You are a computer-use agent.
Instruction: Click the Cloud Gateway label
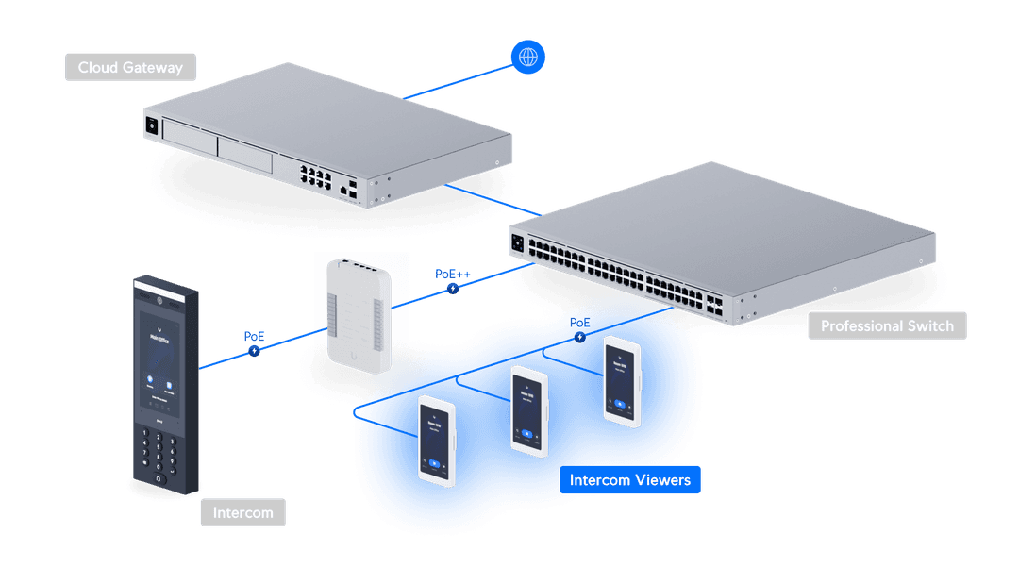pos(130,68)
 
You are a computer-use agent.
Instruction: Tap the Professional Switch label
pos(887,326)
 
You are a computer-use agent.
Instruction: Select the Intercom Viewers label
pos(629,480)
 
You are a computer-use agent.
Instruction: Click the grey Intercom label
pos(242,513)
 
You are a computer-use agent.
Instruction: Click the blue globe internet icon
pos(527,57)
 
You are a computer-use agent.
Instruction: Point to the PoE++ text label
pos(450,273)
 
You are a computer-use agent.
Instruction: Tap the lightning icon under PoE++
pos(453,288)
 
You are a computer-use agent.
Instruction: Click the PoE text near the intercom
pos(254,336)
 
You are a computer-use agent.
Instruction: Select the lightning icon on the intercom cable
pos(254,351)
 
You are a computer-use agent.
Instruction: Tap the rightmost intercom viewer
pos(622,378)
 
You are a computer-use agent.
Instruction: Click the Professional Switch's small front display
pos(517,242)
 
